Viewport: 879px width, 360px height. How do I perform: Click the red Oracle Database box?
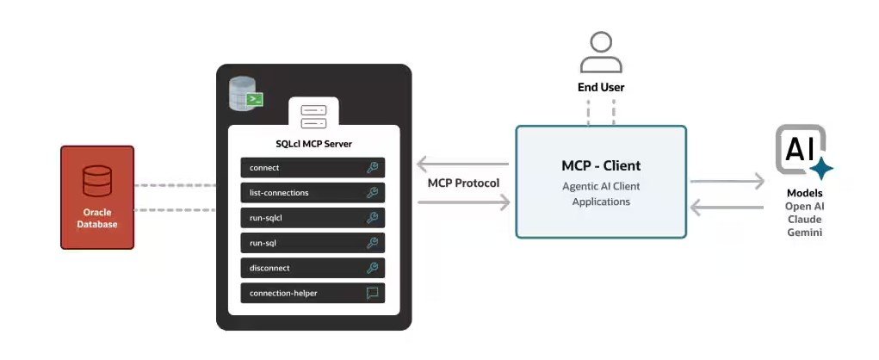click(x=96, y=197)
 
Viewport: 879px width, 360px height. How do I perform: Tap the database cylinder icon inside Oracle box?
click(x=96, y=182)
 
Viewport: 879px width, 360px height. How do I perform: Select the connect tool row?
click(x=312, y=168)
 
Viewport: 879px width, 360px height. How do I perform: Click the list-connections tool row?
click(x=312, y=193)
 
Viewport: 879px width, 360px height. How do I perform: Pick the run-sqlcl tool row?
click(x=312, y=218)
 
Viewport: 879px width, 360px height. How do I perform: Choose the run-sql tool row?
click(x=312, y=243)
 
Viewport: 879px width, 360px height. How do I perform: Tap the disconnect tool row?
click(x=312, y=268)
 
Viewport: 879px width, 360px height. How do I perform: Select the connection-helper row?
click(x=312, y=293)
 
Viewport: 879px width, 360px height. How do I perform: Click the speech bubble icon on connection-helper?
click(x=372, y=293)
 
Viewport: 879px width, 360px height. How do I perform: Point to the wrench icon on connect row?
click(x=372, y=168)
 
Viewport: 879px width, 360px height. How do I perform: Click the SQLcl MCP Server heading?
click(x=313, y=144)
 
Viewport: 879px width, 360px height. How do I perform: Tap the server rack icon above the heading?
click(x=313, y=116)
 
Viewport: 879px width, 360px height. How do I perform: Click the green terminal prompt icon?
click(x=255, y=100)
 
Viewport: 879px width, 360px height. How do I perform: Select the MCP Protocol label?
click(x=463, y=183)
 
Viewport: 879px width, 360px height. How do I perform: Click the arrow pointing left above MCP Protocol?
click(x=462, y=164)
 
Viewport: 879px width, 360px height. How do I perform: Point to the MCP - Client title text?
click(x=601, y=165)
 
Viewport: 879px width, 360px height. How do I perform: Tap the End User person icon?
click(x=601, y=53)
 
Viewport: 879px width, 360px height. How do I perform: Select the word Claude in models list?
click(x=805, y=220)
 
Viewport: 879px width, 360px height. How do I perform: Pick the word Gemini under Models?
click(x=805, y=233)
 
